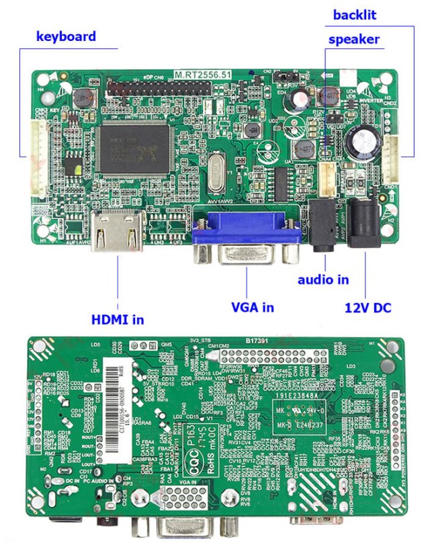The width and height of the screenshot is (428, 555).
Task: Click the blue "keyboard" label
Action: pos(66,36)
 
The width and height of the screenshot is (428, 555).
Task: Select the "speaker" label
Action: pos(353,39)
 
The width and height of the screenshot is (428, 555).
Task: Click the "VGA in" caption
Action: pos(253,307)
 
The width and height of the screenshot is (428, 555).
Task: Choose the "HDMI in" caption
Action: pos(118,320)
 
